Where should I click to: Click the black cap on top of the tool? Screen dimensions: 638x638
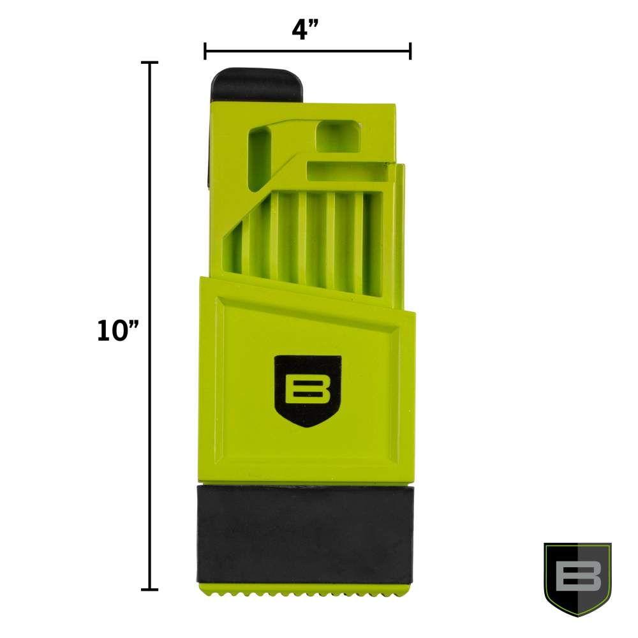[x=257, y=84]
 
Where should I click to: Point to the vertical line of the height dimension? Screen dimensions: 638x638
[x=149, y=332]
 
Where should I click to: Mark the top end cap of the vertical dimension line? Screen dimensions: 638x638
[x=149, y=63]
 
